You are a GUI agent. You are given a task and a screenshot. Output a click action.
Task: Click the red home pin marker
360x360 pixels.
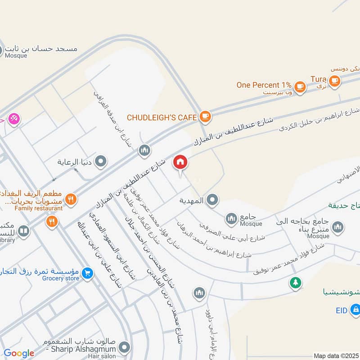(180, 162)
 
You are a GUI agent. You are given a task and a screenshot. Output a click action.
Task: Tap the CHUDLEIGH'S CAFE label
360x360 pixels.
(162, 117)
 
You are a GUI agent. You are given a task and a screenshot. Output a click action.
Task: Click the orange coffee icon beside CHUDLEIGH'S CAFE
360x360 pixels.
(205, 117)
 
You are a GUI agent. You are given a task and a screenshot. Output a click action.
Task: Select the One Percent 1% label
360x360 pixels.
(264, 85)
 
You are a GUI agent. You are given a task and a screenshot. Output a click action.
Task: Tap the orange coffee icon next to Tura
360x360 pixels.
(334, 81)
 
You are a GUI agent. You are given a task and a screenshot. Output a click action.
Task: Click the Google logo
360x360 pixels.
(19, 353)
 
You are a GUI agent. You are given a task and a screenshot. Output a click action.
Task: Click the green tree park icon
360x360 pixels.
(295, 283)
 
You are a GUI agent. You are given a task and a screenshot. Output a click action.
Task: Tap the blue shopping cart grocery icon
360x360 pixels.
(88, 272)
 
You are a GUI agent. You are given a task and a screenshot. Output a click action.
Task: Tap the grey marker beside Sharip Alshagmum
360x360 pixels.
(125, 347)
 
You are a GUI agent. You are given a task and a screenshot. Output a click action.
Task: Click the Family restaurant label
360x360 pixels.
(38, 208)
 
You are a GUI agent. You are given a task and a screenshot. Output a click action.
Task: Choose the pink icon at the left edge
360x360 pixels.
(14, 120)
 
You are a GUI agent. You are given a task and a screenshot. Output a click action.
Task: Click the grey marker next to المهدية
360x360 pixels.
(213, 200)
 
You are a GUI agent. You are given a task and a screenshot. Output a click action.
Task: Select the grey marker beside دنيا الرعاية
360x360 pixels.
(101, 161)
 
